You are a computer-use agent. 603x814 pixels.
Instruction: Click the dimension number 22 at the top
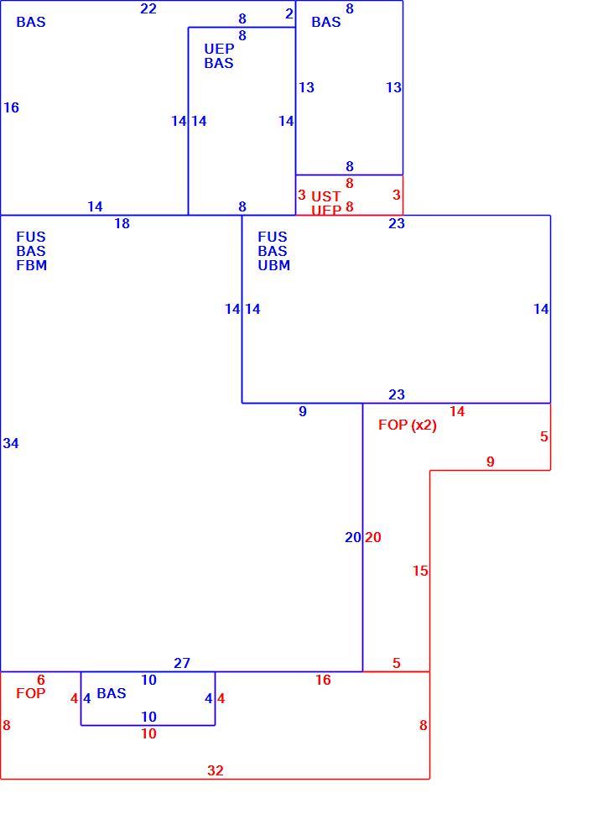pyautogui.click(x=148, y=9)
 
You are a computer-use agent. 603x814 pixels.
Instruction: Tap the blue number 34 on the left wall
pyautogui.click(x=11, y=443)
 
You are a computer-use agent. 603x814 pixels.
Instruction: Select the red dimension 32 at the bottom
pyautogui.click(x=216, y=770)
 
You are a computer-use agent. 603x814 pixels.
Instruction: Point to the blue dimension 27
pyautogui.click(x=182, y=663)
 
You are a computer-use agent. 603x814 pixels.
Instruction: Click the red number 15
pyautogui.click(x=420, y=571)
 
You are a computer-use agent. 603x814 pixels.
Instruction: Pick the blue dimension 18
pyautogui.click(x=122, y=224)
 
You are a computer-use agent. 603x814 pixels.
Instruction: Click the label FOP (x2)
pyautogui.click(x=408, y=425)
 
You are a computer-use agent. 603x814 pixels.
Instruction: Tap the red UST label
pyautogui.click(x=326, y=196)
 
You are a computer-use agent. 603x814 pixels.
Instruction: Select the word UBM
pyautogui.click(x=274, y=265)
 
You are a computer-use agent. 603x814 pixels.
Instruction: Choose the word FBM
pyautogui.click(x=32, y=265)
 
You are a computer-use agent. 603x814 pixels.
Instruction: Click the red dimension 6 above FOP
pyautogui.click(x=41, y=680)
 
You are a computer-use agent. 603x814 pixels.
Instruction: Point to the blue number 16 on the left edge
pyautogui.click(x=12, y=107)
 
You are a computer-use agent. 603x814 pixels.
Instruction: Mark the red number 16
pyautogui.click(x=323, y=680)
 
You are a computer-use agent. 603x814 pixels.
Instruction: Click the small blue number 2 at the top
pyautogui.click(x=289, y=14)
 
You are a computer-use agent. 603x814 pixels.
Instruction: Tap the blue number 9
pyautogui.click(x=303, y=411)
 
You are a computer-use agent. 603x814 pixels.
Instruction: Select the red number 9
pyautogui.click(x=491, y=462)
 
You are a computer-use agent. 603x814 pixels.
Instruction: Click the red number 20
pyautogui.click(x=373, y=537)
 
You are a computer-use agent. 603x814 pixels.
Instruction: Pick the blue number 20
pyautogui.click(x=353, y=537)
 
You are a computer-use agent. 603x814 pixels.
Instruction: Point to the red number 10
pyautogui.click(x=149, y=733)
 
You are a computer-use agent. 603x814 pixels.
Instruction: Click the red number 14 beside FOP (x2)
pyautogui.click(x=457, y=411)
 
